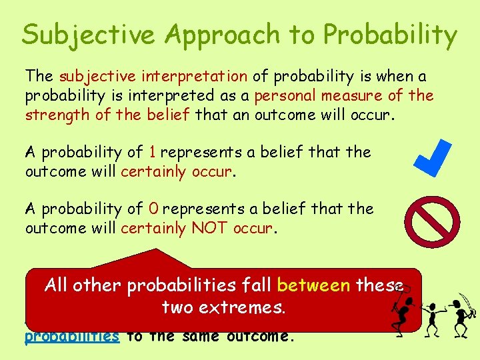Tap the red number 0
coord(153,209)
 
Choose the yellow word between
coord(313,286)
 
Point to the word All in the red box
coord(57,286)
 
